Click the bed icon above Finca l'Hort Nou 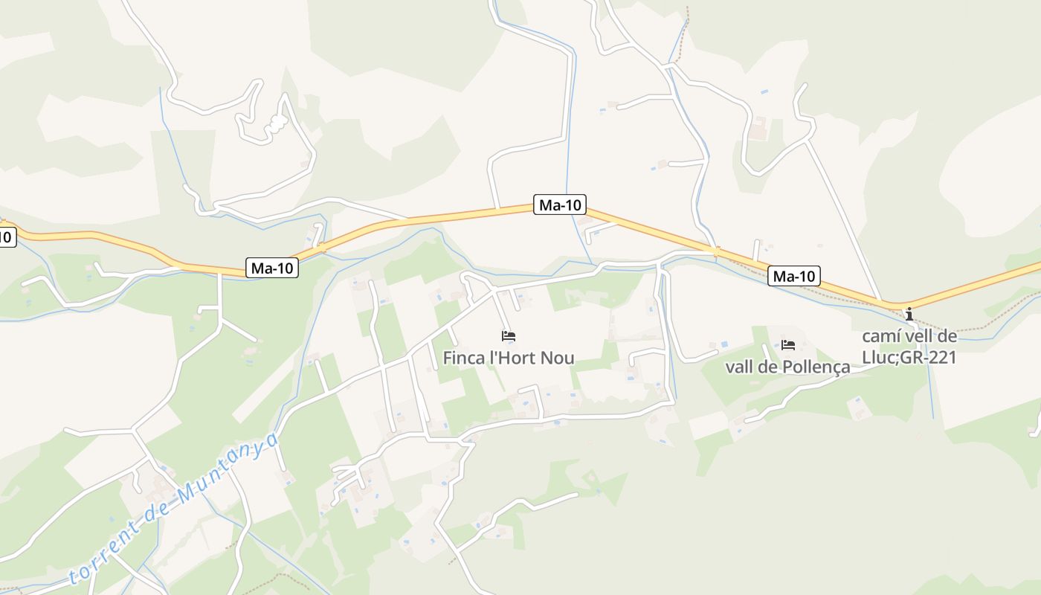point(509,336)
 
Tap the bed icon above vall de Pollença point(788,344)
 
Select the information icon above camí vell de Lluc point(909,314)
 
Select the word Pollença point(818,367)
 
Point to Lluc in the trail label point(878,358)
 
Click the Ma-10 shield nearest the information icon point(794,277)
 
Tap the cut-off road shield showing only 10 point(6,238)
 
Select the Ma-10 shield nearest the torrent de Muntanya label point(272,268)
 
